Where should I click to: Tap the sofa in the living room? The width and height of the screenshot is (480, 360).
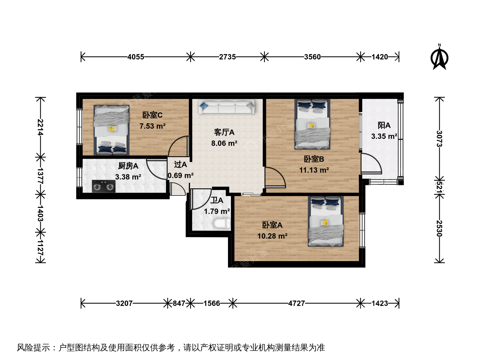click(227, 106)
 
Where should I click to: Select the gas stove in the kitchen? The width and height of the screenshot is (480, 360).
click(104, 186)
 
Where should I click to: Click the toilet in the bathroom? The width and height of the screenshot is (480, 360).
click(222, 223)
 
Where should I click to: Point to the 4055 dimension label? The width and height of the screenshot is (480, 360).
click(136, 57)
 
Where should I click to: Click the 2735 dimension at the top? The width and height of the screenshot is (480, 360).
click(227, 57)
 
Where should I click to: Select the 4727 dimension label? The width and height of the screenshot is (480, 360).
click(296, 303)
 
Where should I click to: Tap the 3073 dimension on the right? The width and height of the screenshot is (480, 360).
click(439, 139)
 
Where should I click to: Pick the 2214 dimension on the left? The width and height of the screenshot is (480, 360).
click(40, 127)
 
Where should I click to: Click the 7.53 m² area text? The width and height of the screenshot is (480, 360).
click(152, 126)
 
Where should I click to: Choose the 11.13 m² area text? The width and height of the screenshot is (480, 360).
click(314, 170)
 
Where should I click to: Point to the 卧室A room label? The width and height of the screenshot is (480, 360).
click(272, 225)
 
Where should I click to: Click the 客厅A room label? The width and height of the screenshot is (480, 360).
click(224, 132)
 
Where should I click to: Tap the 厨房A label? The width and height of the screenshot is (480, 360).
click(128, 166)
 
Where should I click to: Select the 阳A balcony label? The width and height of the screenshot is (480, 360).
click(384, 125)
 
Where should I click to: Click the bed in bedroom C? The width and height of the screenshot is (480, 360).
click(112, 130)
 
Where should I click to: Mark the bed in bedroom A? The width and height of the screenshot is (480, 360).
click(326, 221)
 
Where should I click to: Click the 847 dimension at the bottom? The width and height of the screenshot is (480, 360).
click(179, 303)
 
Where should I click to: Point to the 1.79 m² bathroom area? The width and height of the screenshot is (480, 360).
click(217, 211)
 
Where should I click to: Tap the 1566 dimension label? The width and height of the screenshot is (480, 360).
click(212, 303)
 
